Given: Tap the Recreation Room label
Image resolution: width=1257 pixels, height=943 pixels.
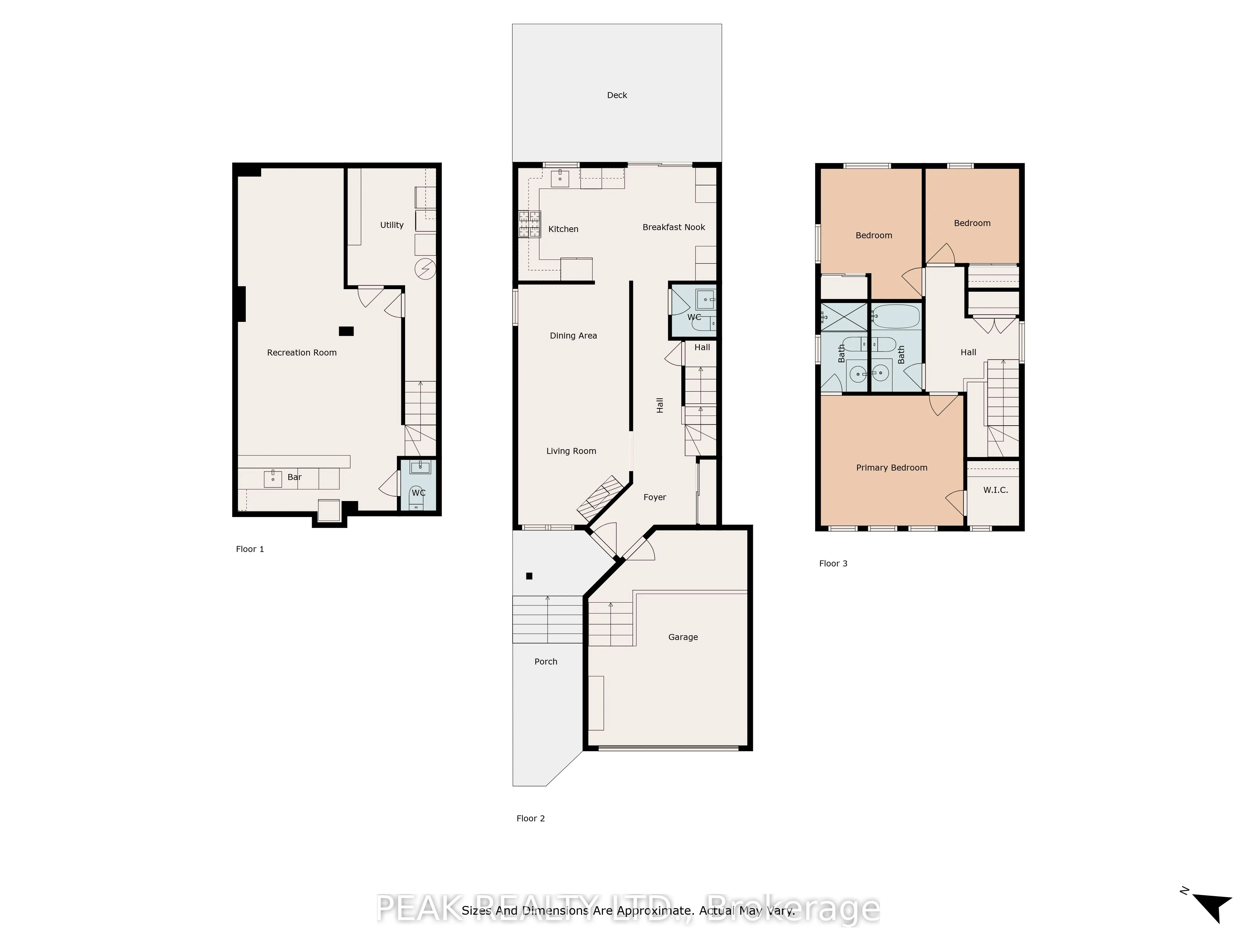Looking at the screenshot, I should coord(302,352).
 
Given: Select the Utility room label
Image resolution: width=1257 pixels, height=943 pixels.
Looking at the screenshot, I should coord(392,225).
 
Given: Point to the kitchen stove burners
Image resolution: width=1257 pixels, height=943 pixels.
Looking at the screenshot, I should coord(529,224).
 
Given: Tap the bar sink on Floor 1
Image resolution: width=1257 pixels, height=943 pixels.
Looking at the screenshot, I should coord(273,479).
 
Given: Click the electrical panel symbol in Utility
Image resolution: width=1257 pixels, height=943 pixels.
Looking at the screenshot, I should coord(425,269).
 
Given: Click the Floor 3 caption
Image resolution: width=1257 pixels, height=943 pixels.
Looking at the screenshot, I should coord(833,563).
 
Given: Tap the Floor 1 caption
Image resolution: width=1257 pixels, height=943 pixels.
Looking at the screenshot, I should coord(250,549).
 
